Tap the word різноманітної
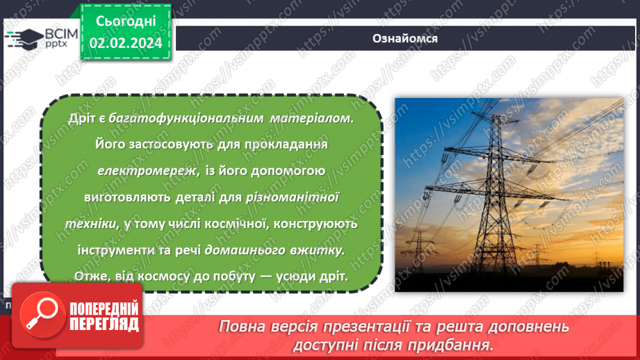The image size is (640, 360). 292,197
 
